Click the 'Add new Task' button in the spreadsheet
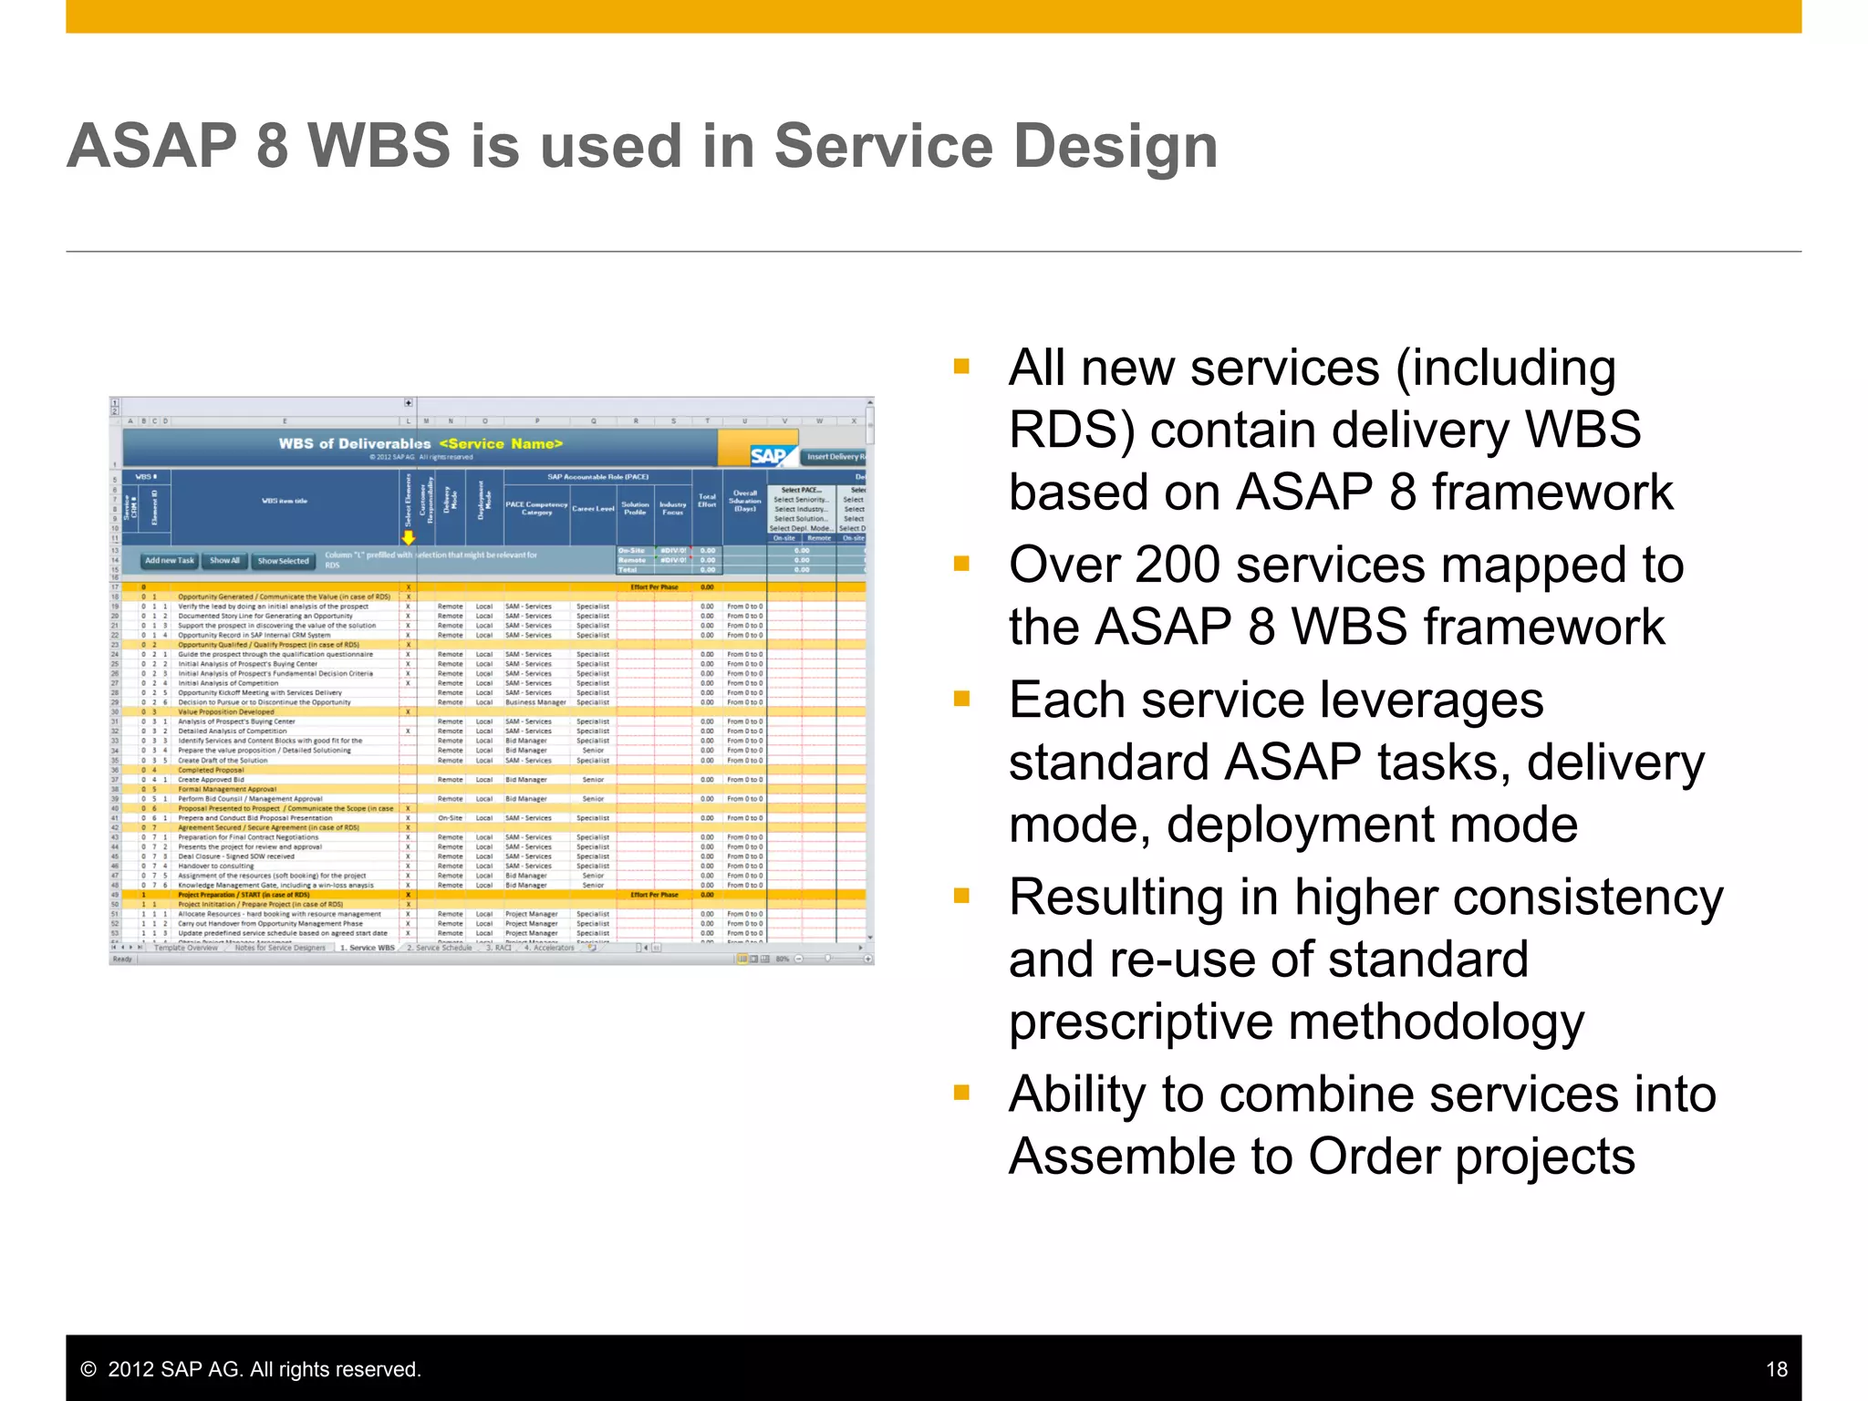[170, 560]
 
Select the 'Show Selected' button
[283, 561]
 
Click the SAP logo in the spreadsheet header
[768, 455]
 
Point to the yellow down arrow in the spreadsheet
[409, 538]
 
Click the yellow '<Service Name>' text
[501, 443]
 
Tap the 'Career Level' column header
[593, 508]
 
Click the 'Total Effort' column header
[707, 501]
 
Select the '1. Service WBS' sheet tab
[368, 948]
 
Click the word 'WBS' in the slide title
[379, 146]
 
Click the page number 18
[1776, 1369]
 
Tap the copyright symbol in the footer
[88, 1369]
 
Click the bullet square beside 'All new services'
[961, 367]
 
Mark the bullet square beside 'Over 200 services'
[961, 564]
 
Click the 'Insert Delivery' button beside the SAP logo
[834, 456]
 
